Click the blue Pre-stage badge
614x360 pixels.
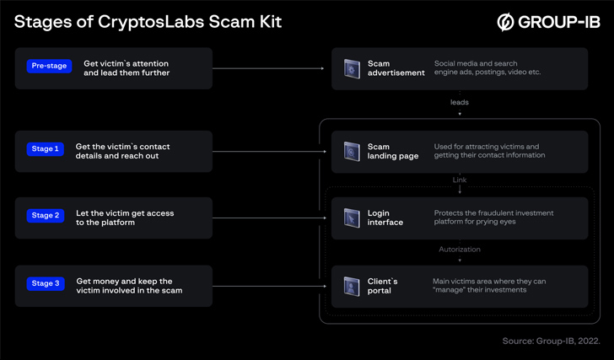coord(49,66)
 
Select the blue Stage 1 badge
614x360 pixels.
coord(46,149)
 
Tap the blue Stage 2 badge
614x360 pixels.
coord(46,216)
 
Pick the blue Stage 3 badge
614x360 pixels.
coord(46,283)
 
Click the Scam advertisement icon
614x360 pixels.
coord(352,69)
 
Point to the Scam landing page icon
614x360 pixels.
coord(352,152)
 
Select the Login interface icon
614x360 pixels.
coord(352,218)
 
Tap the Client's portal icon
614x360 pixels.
coord(352,287)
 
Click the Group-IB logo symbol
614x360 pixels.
coord(505,22)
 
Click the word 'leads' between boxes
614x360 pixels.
coord(460,103)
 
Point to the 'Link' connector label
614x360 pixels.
coord(460,180)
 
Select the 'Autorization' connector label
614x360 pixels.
coord(460,250)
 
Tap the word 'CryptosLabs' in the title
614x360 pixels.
coord(151,23)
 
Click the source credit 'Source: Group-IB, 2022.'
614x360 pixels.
coord(551,341)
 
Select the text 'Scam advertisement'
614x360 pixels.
coord(396,68)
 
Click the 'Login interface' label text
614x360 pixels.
coord(385,218)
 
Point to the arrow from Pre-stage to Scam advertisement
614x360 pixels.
coord(268,68)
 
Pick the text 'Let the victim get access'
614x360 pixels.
coord(125,213)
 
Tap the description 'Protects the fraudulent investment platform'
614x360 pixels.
coord(493,218)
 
